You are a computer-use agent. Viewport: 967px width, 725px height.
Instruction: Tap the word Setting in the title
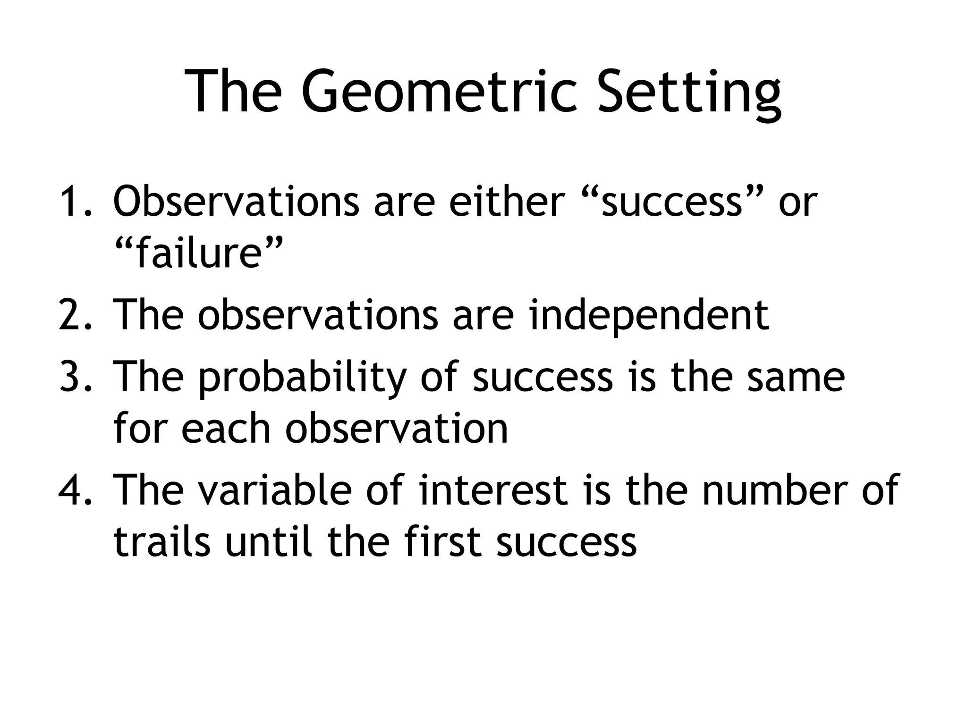click(x=689, y=92)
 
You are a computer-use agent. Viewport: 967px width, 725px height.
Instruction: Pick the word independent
click(x=649, y=315)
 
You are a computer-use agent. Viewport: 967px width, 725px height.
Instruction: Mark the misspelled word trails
click(x=161, y=541)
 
